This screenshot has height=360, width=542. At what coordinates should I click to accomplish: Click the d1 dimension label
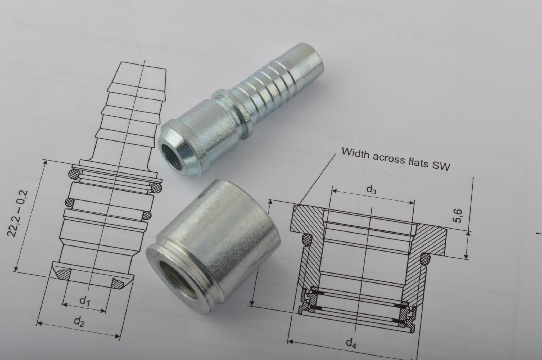click(85, 301)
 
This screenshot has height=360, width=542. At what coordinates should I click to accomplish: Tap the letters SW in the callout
click(441, 166)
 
